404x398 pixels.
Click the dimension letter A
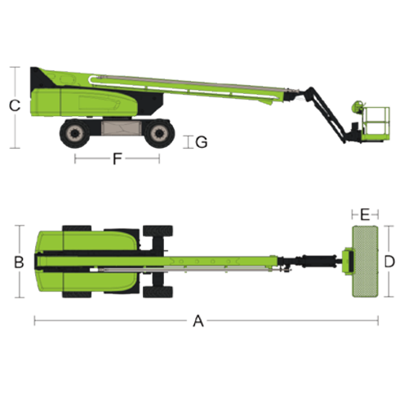pos(198,320)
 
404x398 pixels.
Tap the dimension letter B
pos(19,262)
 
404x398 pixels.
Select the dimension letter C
pos(15,105)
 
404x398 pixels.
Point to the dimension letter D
pos(389,262)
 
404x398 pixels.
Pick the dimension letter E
pos(365,214)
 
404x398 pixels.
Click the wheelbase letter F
pos(118,159)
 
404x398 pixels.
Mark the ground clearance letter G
pos(202,142)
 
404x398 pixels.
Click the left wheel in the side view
pos(74,133)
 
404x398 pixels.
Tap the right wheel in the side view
pos(159,133)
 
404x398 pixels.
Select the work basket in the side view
pos(376,124)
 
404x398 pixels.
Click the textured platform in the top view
pos(365,262)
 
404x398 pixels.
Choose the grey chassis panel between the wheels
pos(122,127)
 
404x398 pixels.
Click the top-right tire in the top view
pos(158,231)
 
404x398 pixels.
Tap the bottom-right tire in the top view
pos(158,292)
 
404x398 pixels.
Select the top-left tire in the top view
pos(77,229)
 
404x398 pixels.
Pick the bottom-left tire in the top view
pos(77,294)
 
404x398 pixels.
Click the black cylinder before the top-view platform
pos(318,261)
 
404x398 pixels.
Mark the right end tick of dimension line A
pos(378,320)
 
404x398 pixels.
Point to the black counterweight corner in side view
pos(41,78)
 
